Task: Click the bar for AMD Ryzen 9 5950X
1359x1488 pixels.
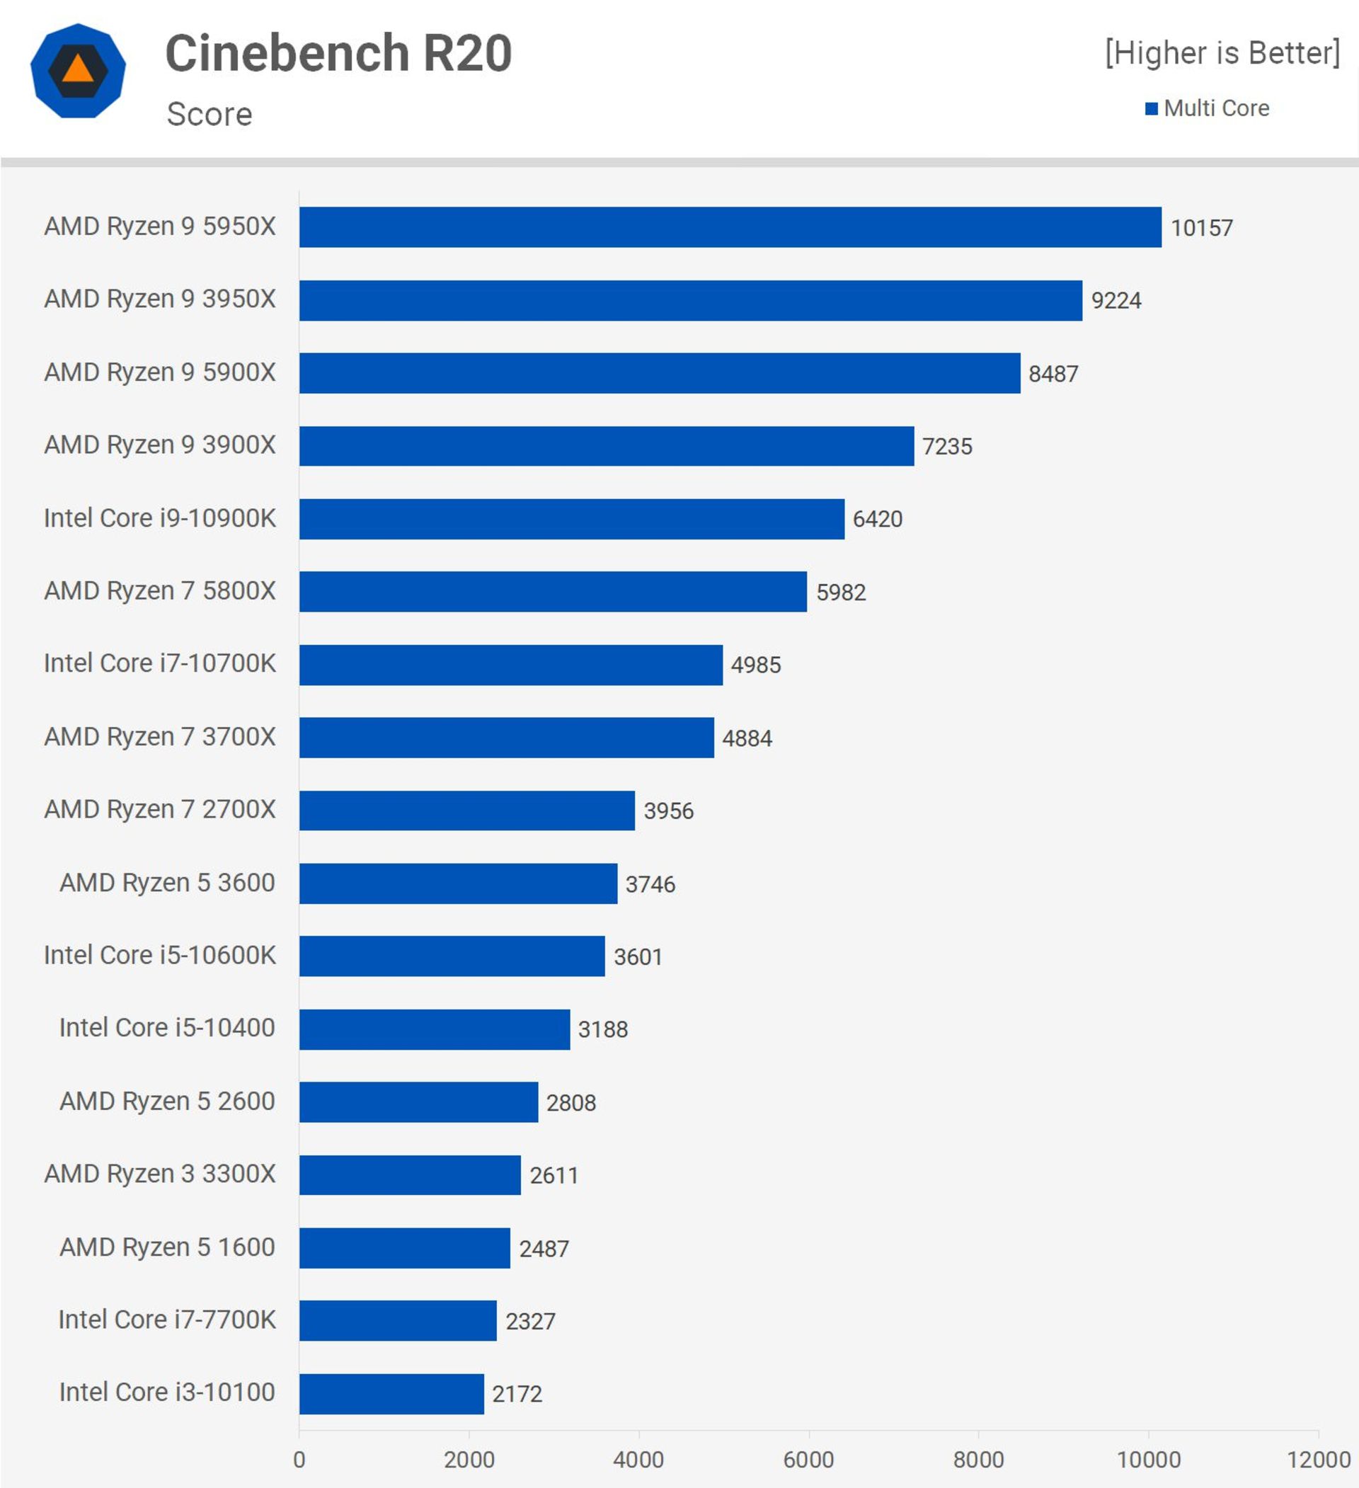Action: pyautogui.click(x=729, y=227)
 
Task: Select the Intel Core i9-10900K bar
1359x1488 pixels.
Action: pyautogui.click(x=571, y=519)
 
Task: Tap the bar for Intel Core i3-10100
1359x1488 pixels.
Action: pyautogui.click(x=391, y=1394)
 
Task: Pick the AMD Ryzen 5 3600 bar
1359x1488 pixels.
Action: pyautogui.click(x=458, y=883)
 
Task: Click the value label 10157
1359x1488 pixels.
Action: pyautogui.click(x=1201, y=228)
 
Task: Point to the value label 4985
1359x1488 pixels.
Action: pyautogui.click(x=755, y=665)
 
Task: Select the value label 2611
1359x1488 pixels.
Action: pyautogui.click(x=554, y=1175)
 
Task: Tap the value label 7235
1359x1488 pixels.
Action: pyautogui.click(x=946, y=447)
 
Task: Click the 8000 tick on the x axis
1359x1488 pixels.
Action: pyautogui.click(x=978, y=1459)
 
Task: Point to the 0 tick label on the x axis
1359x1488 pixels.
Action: pyautogui.click(x=299, y=1459)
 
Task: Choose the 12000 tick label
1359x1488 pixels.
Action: pyautogui.click(x=1319, y=1459)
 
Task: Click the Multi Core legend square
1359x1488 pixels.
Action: pyautogui.click(x=1151, y=108)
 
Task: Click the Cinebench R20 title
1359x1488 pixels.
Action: pyautogui.click(x=338, y=53)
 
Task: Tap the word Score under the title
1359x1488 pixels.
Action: pyautogui.click(x=209, y=115)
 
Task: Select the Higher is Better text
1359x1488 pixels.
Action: pyautogui.click(x=1222, y=53)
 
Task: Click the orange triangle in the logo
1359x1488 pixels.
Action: pyautogui.click(x=78, y=69)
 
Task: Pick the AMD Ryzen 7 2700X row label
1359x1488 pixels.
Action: pyautogui.click(x=159, y=810)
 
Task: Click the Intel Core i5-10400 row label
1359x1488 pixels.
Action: pyautogui.click(x=167, y=1027)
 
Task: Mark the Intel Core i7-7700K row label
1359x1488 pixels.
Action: pyautogui.click(x=167, y=1320)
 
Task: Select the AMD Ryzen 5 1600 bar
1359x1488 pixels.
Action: pyautogui.click(x=405, y=1248)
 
